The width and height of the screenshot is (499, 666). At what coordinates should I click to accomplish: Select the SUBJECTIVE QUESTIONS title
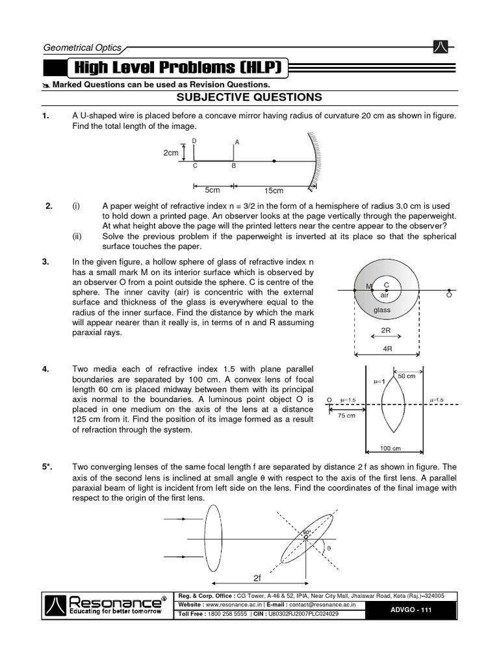tap(249, 98)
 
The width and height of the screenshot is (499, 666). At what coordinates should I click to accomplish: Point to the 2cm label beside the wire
tap(171, 152)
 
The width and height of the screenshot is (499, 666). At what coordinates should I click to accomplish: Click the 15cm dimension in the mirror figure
tap(274, 191)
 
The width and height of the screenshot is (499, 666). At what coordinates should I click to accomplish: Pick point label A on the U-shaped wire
tap(237, 142)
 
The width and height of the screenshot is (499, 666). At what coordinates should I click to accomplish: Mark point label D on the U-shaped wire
tap(194, 141)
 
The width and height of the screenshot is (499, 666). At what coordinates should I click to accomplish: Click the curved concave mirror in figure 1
tap(314, 161)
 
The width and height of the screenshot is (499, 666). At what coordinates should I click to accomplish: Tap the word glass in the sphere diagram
tap(381, 310)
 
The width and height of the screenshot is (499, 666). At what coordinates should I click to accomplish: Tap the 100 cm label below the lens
tap(390, 448)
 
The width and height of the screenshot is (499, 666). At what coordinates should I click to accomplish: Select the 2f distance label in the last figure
tap(257, 577)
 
